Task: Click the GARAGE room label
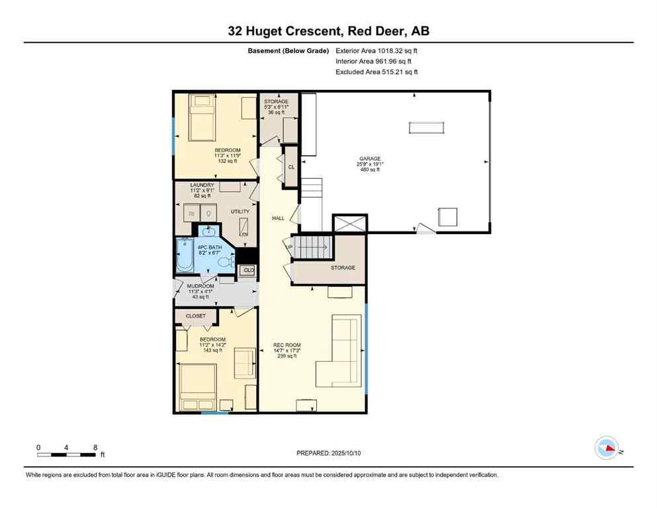click(370, 159)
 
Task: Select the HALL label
click(278, 218)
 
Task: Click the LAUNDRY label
click(201, 185)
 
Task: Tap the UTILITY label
click(240, 212)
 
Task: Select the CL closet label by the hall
click(291, 167)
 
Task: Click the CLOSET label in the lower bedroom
click(195, 316)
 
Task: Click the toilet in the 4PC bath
click(225, 263)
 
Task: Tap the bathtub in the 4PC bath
click(185, 256)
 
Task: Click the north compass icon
click(607, 448)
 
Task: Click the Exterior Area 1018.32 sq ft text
click(377, 50)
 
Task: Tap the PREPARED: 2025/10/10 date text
click(328, 453)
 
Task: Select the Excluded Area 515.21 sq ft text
click(377, 72)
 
